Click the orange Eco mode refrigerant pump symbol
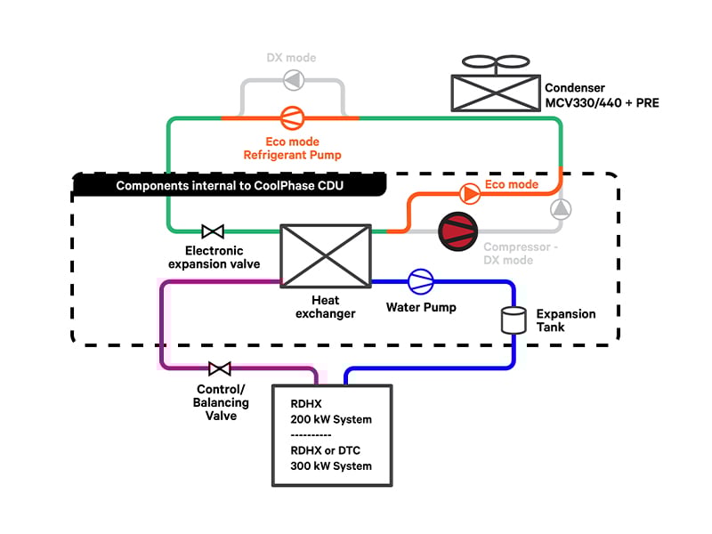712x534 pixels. point(290,117)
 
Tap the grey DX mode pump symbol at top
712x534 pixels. point(291,81)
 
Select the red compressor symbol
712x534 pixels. point(457,230)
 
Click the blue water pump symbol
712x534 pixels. point(420,282)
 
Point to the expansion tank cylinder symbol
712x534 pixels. point(511,320)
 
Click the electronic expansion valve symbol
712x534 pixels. point(213,231)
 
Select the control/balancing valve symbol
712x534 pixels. point(219,368)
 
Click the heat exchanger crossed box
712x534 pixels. point(326,255)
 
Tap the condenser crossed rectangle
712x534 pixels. point(493,92)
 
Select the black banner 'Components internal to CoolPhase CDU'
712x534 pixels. point(229,186)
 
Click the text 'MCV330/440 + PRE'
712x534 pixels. point(602,104)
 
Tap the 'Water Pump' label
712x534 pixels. point(421,308)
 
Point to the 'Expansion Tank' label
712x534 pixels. point(565,320)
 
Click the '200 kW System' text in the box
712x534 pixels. point(331,419)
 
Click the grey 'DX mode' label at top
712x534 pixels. point(291,58)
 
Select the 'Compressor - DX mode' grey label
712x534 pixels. point(521,254)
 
